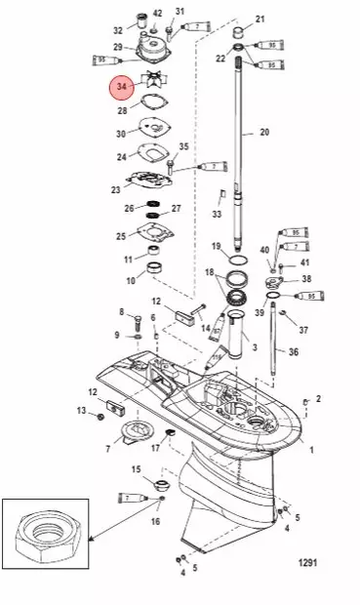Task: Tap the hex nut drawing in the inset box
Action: coord(48,548)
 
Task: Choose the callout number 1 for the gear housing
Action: coord(312,450)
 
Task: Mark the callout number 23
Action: coord(115,190)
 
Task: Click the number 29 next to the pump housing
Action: coord(118,47)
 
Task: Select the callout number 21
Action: coord(260,20)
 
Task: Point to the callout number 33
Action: coord(217,214)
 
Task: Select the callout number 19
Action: coord(216,246)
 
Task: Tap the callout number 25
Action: coord(122,236)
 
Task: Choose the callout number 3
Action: coord(254,345)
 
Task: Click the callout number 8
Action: coord(122,312)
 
